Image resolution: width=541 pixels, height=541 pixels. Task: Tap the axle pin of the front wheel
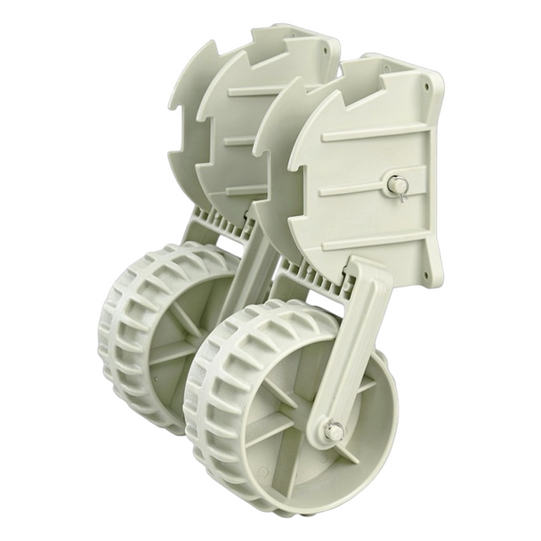pyautogui.click(x=334, y=431)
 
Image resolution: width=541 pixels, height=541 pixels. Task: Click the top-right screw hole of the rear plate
pyautogui.click(x=333, y=47)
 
